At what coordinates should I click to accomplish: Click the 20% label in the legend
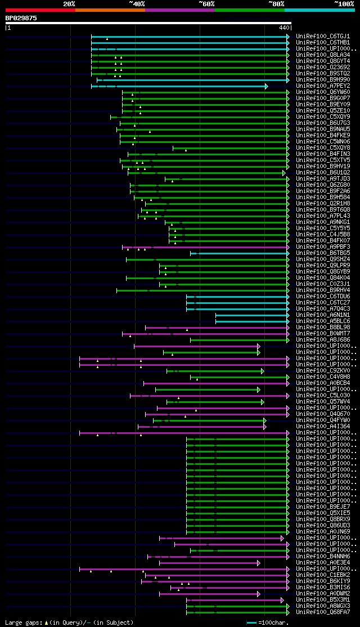tap(69, 3)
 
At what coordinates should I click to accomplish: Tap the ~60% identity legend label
tap(206, 3)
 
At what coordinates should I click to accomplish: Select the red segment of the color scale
tap(40, 10)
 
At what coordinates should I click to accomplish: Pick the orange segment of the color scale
tap(110, 10)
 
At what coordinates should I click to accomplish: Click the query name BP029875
tap(21, 18)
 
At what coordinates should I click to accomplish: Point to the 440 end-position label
tap(283, 27)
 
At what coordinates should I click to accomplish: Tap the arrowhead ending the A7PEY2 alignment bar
tap(267, 86)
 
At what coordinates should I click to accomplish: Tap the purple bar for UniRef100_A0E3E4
tap(208, 563)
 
